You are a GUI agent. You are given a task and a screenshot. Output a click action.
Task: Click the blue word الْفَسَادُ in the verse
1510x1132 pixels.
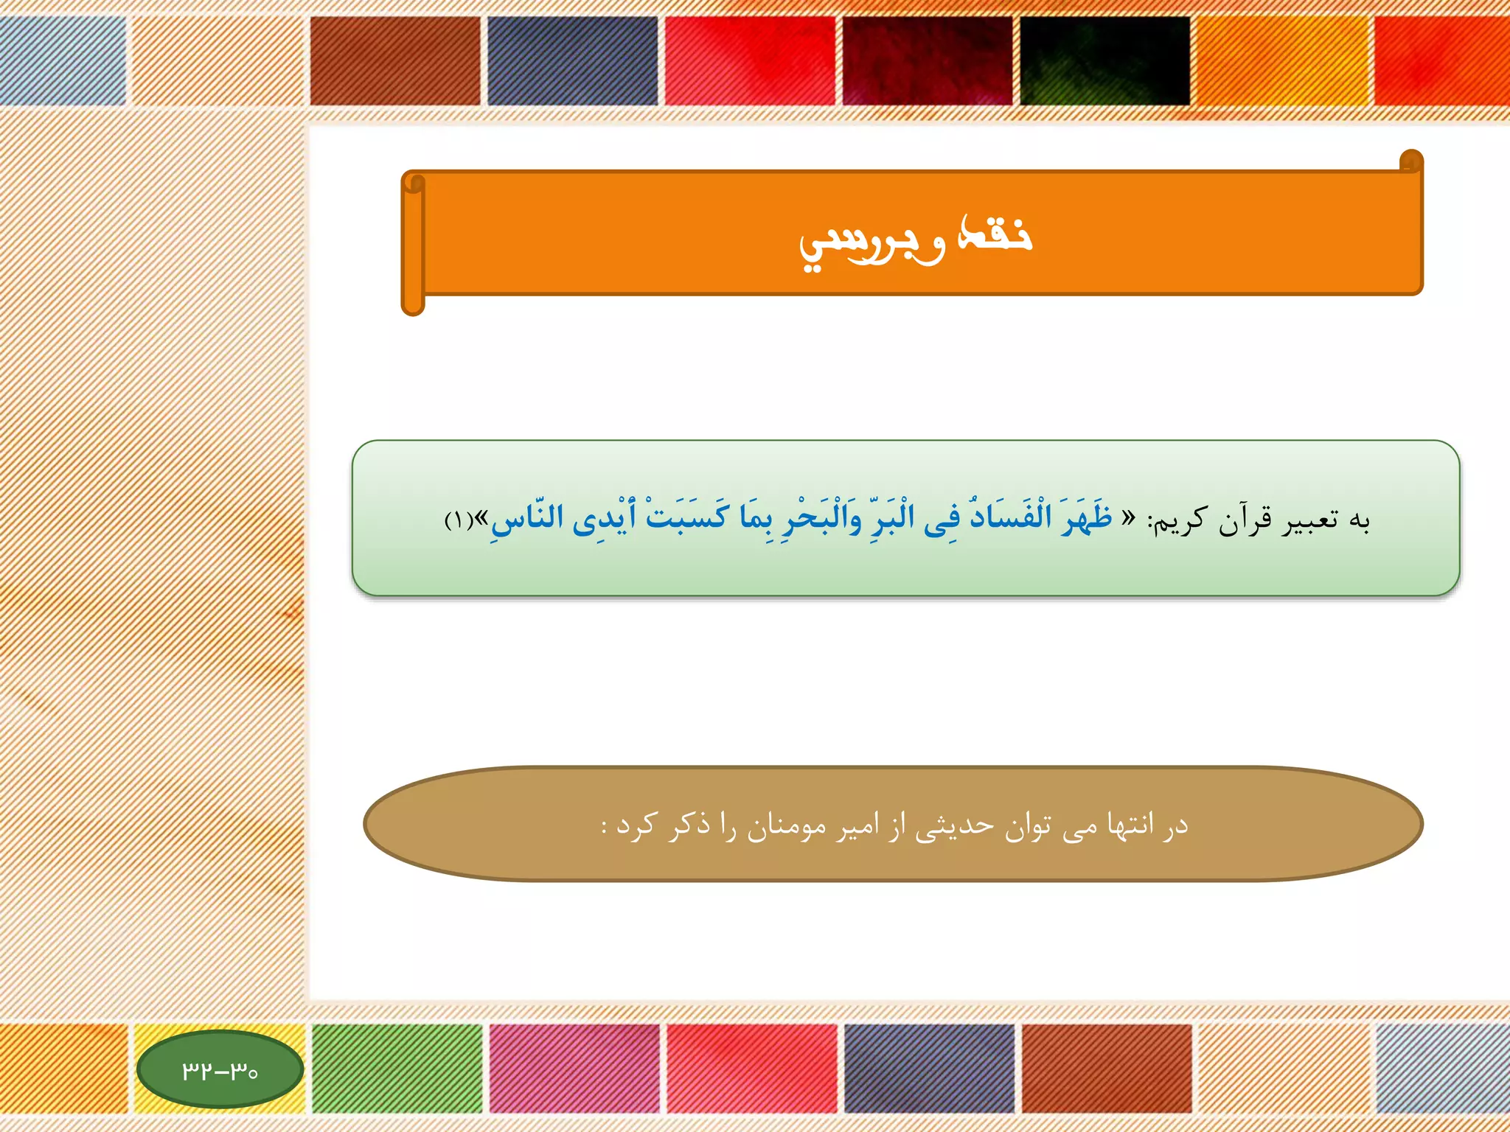coord(1009,516)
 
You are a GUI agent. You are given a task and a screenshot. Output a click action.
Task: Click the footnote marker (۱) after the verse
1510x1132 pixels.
coord(459,521)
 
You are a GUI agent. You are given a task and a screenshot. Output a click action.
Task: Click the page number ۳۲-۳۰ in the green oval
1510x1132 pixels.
coord(220,1069)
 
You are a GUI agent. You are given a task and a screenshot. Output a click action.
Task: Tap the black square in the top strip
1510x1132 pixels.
coord(1104,60)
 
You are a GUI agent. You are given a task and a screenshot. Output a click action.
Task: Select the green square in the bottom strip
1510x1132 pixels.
coord(397,1068)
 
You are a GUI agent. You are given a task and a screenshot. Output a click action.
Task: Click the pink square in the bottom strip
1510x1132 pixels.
coord(574,1068)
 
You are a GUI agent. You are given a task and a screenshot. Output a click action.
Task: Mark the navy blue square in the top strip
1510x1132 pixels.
coord(572,60)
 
